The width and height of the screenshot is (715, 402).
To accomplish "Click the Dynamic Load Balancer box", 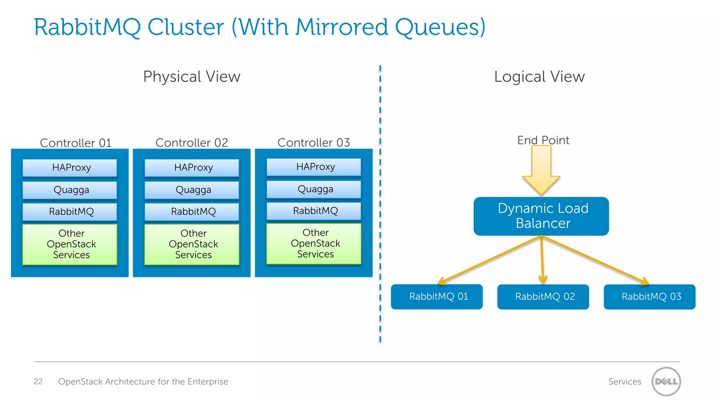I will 541,216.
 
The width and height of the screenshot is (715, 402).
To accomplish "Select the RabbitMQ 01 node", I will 437,297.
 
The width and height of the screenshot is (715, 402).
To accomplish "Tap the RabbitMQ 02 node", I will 543,297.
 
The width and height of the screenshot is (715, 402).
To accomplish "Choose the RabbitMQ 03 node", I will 649,297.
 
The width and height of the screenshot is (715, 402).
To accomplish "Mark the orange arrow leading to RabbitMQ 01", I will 489,260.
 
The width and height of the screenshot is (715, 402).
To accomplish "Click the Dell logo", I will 666,381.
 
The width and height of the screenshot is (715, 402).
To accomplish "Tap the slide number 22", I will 38,381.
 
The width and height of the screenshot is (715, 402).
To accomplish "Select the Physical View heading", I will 192,77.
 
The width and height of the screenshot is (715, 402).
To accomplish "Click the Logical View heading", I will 539,77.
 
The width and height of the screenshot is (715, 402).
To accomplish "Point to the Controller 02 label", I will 192,143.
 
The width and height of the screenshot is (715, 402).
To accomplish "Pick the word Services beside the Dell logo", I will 625,381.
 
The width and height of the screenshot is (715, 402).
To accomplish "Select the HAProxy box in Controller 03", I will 314,167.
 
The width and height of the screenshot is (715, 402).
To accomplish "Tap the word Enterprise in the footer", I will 208,381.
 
